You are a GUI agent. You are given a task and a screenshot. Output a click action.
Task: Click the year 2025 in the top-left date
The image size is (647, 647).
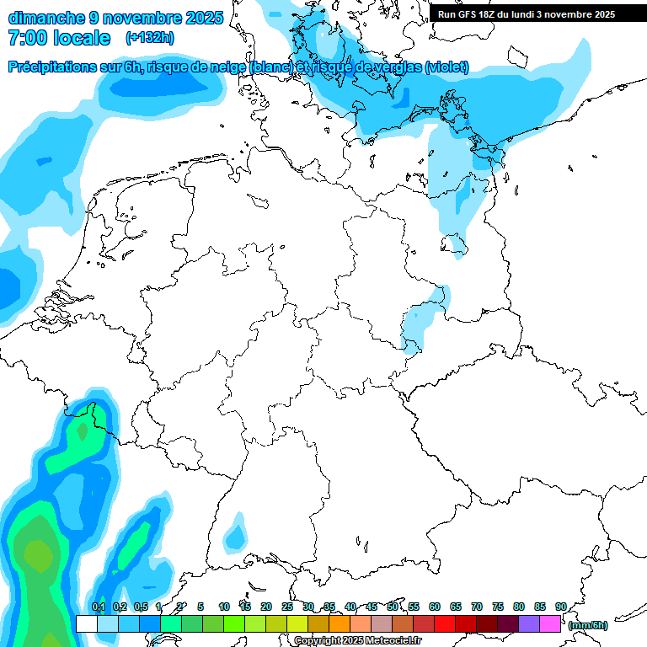point(203,18)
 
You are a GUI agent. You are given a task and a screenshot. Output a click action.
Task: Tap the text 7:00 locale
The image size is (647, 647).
point(59,38)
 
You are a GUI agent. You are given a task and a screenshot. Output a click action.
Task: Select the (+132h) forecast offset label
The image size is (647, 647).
point(150,38)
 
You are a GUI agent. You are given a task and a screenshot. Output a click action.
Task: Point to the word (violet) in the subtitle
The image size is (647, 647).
point(446,67)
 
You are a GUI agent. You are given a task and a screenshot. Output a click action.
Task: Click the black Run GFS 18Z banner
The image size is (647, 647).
point(537,13)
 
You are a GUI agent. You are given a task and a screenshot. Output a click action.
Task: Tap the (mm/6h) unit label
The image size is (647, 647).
point(587,625)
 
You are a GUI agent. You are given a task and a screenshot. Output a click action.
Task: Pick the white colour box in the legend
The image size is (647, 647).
point(86,624)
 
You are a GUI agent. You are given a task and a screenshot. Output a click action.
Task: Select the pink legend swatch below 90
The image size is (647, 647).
point(550,624)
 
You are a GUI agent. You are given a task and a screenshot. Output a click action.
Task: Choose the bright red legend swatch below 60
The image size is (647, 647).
point(445,624)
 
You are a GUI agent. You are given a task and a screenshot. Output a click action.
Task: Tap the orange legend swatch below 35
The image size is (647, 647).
point(340,624)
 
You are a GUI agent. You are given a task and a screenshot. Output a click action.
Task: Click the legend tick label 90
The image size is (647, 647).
point(560,607)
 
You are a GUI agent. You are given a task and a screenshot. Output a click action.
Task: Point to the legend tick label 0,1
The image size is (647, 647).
point(98,607)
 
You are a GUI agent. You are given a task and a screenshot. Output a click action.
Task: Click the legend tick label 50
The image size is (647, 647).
point(393,607)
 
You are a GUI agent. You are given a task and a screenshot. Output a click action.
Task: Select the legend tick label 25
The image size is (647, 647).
point(287,607)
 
